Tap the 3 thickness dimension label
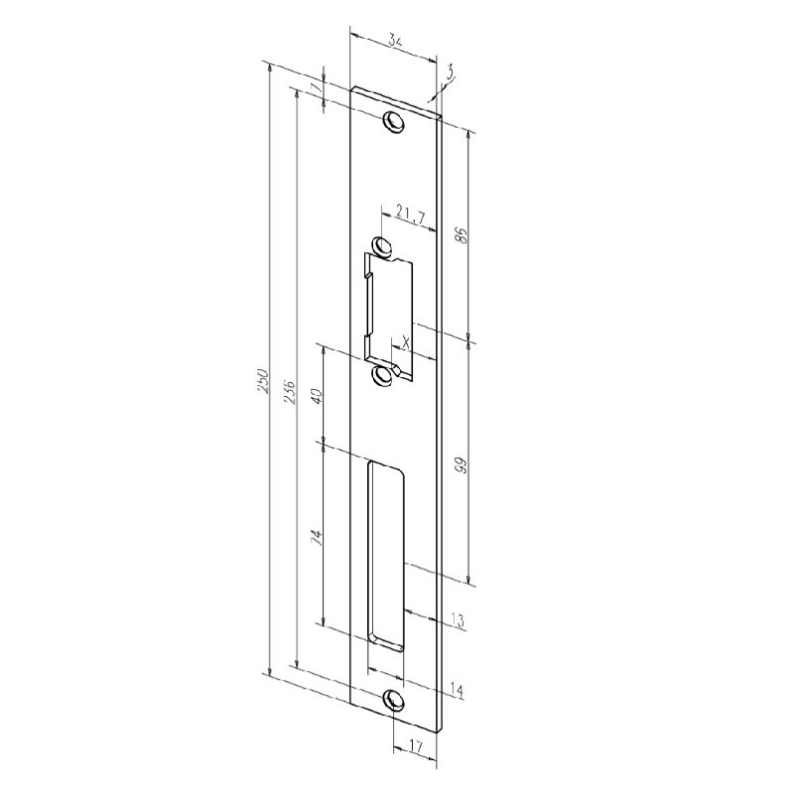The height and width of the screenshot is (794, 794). coord(450,73)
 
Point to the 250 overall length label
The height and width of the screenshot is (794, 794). coord(263,380)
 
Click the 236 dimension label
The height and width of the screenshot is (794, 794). coord(290,391)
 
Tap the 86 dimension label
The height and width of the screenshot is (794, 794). coord(462,235)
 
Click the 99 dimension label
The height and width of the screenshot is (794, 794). coord(461,464)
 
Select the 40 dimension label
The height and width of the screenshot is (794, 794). coord(318,396)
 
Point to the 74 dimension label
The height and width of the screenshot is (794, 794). coord(317,537)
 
